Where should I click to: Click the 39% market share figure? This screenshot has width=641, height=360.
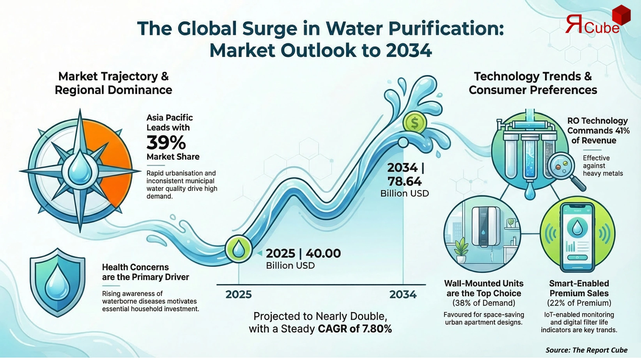(x=166, y=143)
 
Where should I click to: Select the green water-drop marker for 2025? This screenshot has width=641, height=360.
(x=239, y=249)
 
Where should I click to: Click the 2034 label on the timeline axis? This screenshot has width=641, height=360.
(x=403, y=294)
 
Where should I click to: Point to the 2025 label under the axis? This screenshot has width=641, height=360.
(x=239, y=294)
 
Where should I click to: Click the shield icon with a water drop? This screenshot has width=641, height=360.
(x=58, y=282)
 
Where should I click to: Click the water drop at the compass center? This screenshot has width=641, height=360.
(x=80, y=168)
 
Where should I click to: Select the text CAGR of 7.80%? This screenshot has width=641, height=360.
(x=355, y=329)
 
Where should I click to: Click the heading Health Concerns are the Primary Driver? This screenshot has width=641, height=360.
(x=145, y=272)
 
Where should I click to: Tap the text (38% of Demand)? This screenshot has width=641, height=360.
(x=484, y=303)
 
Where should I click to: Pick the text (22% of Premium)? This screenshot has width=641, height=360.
(x=579, y=303)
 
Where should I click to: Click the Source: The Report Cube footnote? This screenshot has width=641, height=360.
(x=586, y=350)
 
